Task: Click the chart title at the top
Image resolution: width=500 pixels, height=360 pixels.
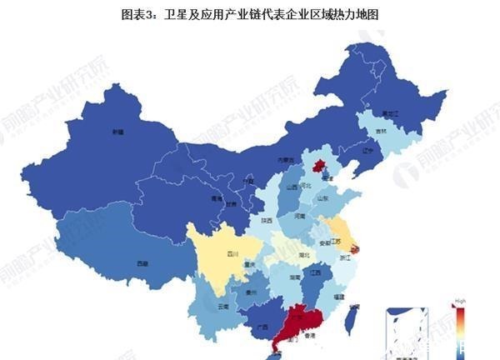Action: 250,14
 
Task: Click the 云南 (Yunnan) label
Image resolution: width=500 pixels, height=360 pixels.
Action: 222,307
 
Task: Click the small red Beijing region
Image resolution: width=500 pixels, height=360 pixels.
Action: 318,165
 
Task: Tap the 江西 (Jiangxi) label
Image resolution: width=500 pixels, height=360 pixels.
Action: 315,272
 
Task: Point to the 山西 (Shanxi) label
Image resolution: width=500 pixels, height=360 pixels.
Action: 292,187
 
